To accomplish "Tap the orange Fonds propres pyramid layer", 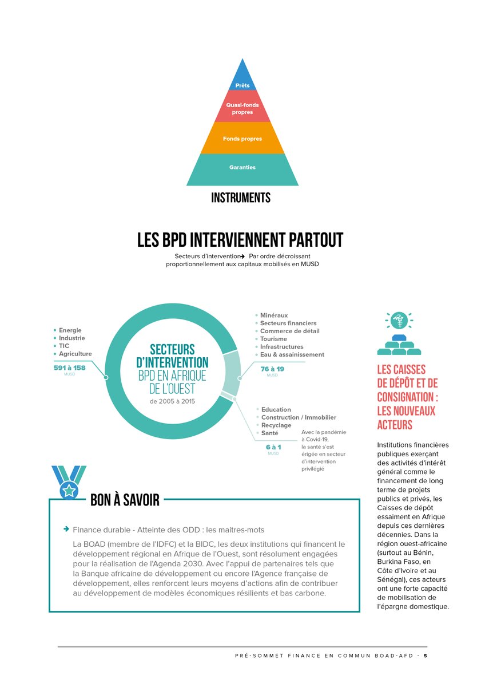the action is (x=242, y=138).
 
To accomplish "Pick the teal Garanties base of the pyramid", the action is (x=242, y=169).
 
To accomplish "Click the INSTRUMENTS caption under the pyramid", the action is (x=241, y=198).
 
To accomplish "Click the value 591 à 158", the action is (x=70, y=368).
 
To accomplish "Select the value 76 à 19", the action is (x=272, y=369).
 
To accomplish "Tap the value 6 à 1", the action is (x=273, y=447).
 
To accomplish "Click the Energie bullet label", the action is (x=70, y=330).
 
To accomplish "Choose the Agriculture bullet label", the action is (x=75, y=354).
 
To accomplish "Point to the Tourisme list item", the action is (x=273, y=339).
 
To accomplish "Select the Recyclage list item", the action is (x=276, y=425).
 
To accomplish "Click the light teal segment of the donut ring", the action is (x=232, y=373).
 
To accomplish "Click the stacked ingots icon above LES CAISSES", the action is (x=399, y=345).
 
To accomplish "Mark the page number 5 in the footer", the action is (x=426, y=656).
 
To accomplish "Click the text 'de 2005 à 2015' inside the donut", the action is (x=172, y=401).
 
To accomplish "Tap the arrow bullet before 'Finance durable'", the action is (x=66, y=529).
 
